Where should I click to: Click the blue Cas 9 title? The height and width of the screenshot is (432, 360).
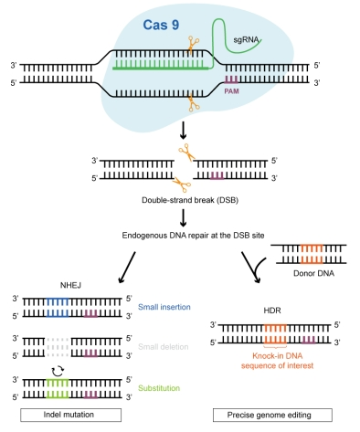[x=161, y=25]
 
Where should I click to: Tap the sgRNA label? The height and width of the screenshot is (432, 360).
[x=246, y=40]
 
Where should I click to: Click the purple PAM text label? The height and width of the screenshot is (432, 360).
[x=231, y=91]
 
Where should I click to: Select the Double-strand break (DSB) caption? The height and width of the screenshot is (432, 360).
[x=190, y=200]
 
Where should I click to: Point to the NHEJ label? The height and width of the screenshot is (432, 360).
[x=70, y=285]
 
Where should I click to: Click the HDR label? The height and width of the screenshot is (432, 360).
[x=272, y=311]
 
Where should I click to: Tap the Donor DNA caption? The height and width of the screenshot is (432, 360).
[x=313, y=273]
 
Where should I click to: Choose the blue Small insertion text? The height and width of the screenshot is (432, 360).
[x=164, y=307]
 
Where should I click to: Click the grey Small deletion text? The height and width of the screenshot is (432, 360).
[x=164, y=347]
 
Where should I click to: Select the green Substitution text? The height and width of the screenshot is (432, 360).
[x=159, y=388]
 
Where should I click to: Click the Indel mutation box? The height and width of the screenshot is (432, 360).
[x=70, y=415]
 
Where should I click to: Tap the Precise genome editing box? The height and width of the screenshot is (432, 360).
[x=272, y=415]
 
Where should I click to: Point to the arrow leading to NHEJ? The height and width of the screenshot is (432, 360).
[x=127, y=268]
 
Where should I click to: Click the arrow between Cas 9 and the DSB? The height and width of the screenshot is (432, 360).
[x=183, y=131]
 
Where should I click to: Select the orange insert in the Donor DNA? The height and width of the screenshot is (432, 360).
[x=312, y=254]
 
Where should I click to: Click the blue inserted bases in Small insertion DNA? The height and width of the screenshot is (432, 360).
[x=58, y=308]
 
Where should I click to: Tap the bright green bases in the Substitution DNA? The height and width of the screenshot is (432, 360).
[x=58, y=388]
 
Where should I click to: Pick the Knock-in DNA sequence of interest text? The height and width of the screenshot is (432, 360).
[x=277, y=361]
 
